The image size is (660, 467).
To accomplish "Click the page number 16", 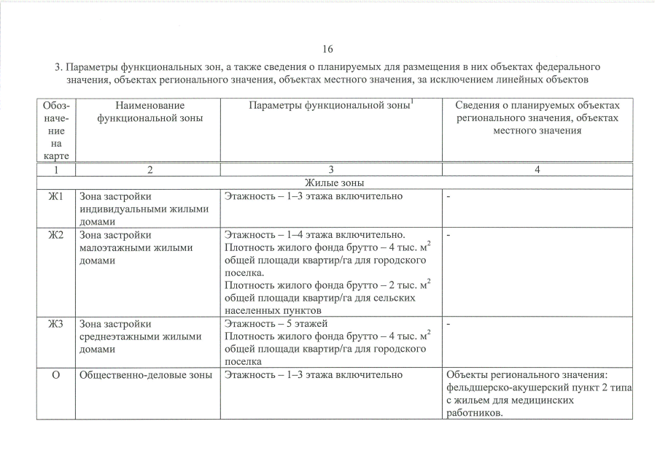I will (x=327, y=50).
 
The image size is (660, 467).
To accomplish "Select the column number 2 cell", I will (x=150, y=169).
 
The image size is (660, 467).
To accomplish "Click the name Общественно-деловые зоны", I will (x=144, y=375).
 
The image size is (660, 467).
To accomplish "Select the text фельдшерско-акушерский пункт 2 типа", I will (x=536, y=388).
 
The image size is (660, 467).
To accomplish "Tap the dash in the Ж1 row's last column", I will (x=449, y=196).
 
